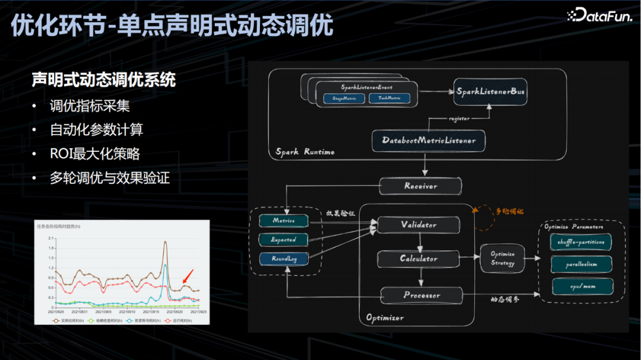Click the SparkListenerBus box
tap(490, 92)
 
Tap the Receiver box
tap(420, 186)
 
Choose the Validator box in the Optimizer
tap(418, 225)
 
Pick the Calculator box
tap(418, 259)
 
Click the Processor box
tap(421, 295)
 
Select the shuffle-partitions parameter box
tap(581, 242)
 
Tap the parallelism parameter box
tap(581, 265)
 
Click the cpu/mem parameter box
tap(581, 286)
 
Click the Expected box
tap(284, 240)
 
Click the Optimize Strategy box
tap(503, 259)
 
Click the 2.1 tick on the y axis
tap(52, 238)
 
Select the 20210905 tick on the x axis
tap(104, 311)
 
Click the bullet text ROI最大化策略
tap(95, 154)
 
